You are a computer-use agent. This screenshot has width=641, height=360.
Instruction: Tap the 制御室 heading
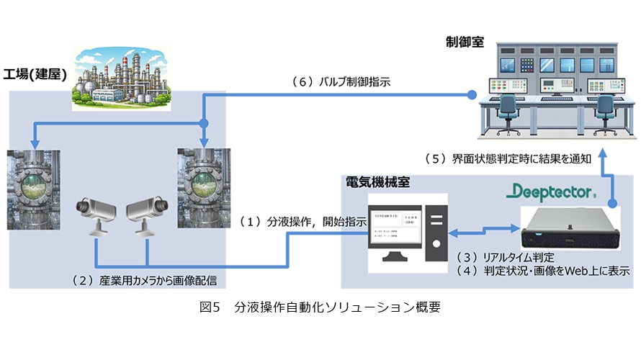click(464, 42)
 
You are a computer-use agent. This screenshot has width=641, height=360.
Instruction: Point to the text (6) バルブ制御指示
click(341, 82)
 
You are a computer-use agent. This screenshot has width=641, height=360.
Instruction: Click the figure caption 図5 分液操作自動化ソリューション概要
click(320, 307)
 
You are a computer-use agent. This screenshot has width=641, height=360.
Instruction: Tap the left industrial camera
click(96, 213)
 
